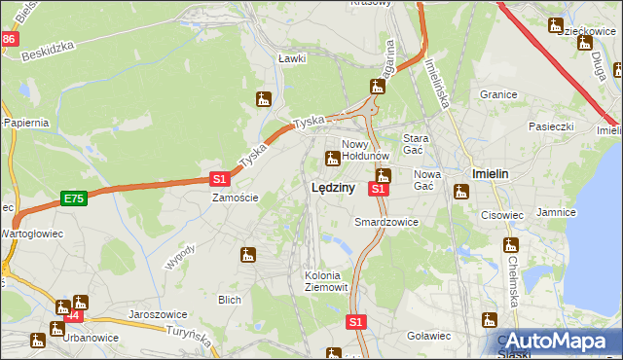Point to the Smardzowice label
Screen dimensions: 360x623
click(x=385, y=222)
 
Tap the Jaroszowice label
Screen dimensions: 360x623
click(x=158, y=315)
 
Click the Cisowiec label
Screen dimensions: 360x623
click(x=501, y=216)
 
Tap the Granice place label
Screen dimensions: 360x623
click(x=497, y=94)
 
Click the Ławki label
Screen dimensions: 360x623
click(x=292, y=58)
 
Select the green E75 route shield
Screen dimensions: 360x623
click(x=73, y=198)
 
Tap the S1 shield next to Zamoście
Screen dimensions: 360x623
click(x=220, y=179)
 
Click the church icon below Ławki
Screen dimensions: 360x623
click(x=263, y=98)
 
